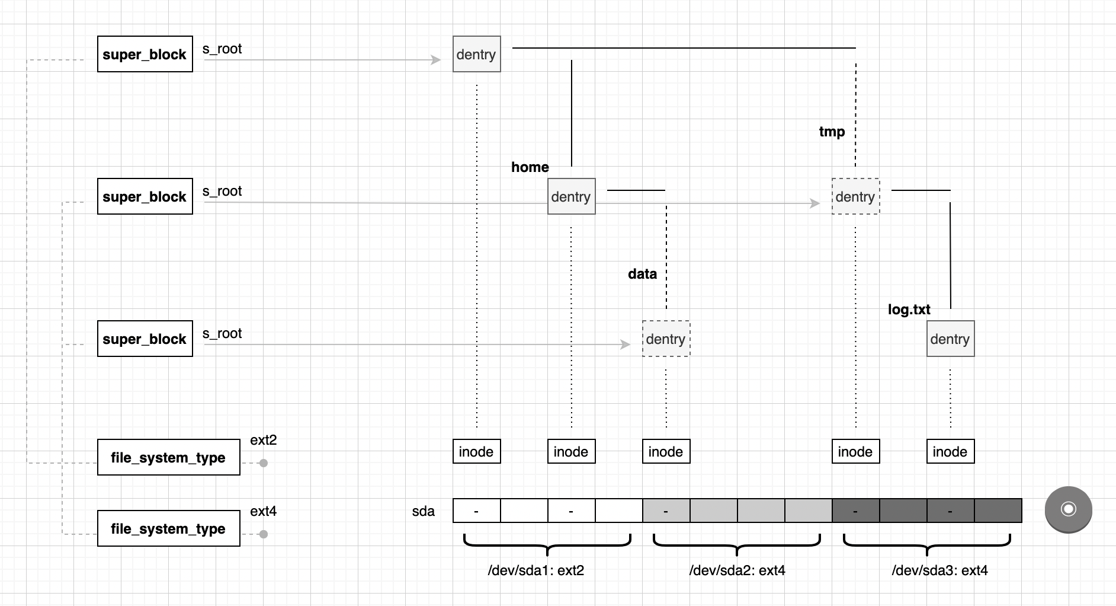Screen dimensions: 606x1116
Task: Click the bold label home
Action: coord(530,167)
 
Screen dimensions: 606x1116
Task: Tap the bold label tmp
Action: coord(832,132)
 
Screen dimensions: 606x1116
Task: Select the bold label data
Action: coord(642,274)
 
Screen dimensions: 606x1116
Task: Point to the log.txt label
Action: coord(909,310)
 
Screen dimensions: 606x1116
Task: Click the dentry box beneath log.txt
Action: coord(950,339)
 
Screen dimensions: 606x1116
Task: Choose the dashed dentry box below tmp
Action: coord(855,196)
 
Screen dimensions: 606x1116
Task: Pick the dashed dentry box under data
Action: coord(666,339)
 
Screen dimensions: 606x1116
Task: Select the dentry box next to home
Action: coord(571,196)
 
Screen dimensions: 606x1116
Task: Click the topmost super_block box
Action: coord(145,54)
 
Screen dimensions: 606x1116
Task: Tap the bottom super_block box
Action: coord(145,339)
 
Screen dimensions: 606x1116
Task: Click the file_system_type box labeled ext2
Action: coord(168,457)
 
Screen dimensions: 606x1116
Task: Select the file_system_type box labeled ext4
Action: coord(168,528)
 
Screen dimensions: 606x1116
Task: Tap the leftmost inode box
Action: coord(476,451)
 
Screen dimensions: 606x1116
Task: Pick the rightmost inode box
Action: coord(950,451)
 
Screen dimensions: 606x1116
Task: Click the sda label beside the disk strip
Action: coord(423,511)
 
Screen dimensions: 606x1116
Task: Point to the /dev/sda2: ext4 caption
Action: coord(737,570)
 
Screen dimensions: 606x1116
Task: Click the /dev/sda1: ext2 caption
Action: coord(535,570)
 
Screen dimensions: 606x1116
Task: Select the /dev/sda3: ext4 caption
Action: coord(939,570)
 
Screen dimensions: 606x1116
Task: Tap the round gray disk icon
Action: coord(1068,509)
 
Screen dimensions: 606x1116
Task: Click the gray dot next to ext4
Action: coord(264,534)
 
